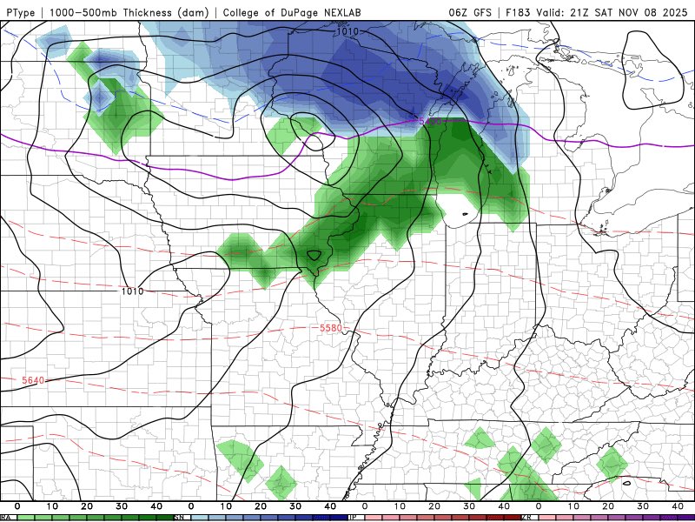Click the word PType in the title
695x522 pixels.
22,11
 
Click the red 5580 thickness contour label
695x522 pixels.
332,328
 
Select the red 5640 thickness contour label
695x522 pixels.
34,380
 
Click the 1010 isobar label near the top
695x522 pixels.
347,31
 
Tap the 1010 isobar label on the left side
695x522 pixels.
133,291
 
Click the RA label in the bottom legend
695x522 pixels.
5,518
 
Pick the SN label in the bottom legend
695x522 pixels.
180,518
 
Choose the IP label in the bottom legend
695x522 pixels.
353,518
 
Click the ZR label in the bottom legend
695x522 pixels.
526,518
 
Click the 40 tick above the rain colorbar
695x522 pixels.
156,505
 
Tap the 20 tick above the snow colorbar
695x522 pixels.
261,505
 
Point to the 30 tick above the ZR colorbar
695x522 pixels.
643,505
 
